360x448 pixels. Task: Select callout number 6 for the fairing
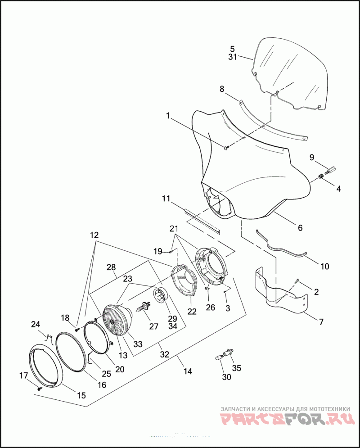click(300, 228)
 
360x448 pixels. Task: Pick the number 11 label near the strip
click(166, 198)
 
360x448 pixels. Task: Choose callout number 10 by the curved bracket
click(324, 267)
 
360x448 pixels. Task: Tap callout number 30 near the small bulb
click(226, 377)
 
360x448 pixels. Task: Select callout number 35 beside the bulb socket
click(236, 368)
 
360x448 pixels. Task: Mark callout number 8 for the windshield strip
click(222, 89)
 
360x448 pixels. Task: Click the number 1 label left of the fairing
click(168, 116)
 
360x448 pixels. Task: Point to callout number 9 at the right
click(311, 157)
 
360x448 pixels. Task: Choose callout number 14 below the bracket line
click(188, 371)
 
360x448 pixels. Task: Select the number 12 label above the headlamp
click(94, 235)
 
